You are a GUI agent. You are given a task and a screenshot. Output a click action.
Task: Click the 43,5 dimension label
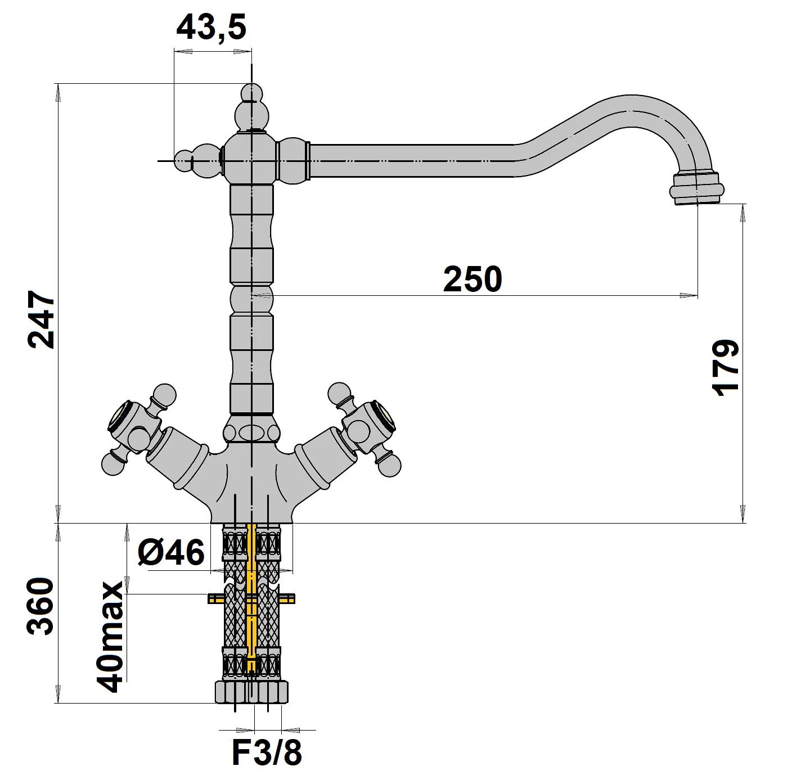coord(211,27)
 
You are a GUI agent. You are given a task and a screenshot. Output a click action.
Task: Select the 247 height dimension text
coord(42,319)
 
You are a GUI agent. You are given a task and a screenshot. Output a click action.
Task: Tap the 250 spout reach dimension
coord(472,280)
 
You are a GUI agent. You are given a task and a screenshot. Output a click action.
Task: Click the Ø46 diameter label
coord(170,552)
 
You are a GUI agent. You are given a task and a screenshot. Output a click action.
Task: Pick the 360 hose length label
coord(41,606)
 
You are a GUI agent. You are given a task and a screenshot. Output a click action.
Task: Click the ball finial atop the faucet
coord(251,93)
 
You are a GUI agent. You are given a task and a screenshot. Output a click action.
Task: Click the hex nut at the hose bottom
coord(251,691)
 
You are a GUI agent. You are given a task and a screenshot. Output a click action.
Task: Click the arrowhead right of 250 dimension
coord(687,295)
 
